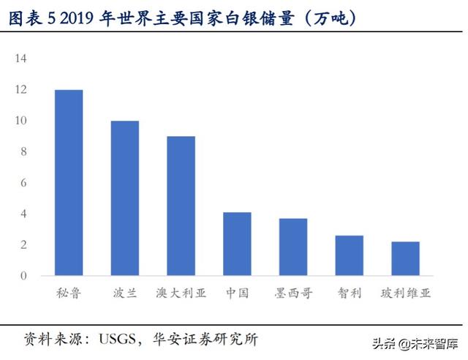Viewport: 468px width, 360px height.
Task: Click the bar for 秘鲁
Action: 69,183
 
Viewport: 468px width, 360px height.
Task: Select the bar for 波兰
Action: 125,198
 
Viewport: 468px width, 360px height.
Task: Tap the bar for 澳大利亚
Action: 181,206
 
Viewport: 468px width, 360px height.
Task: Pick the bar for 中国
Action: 237,244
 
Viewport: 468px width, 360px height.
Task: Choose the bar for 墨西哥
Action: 293,247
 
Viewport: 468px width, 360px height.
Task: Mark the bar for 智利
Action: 350,255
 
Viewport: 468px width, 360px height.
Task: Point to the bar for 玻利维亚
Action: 405,258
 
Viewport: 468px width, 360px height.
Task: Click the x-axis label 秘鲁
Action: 69,293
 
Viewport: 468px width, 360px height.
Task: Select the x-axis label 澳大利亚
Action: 181,293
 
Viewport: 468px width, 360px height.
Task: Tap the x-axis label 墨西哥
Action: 293,293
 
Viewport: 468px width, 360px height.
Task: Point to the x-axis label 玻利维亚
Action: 405,293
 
